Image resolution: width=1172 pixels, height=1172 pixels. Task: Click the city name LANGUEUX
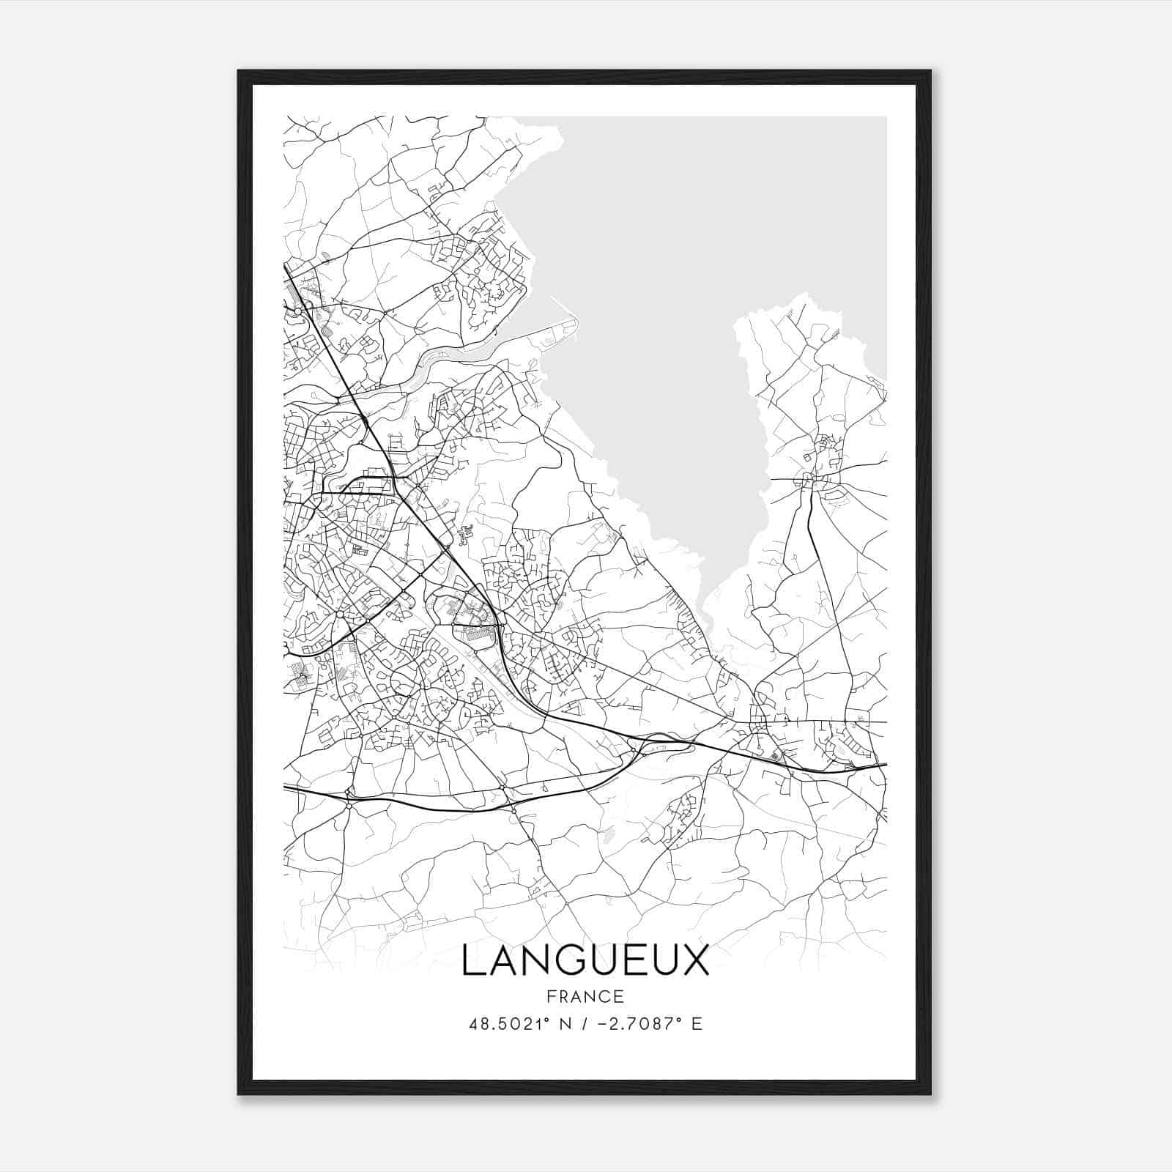[x=585, y=961]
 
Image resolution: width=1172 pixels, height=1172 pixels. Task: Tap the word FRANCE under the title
[x=585, y=997]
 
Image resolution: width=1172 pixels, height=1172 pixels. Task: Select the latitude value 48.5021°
[x=510, y=1024]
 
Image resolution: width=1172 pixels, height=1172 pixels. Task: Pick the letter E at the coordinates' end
[x=697, y=1024]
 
